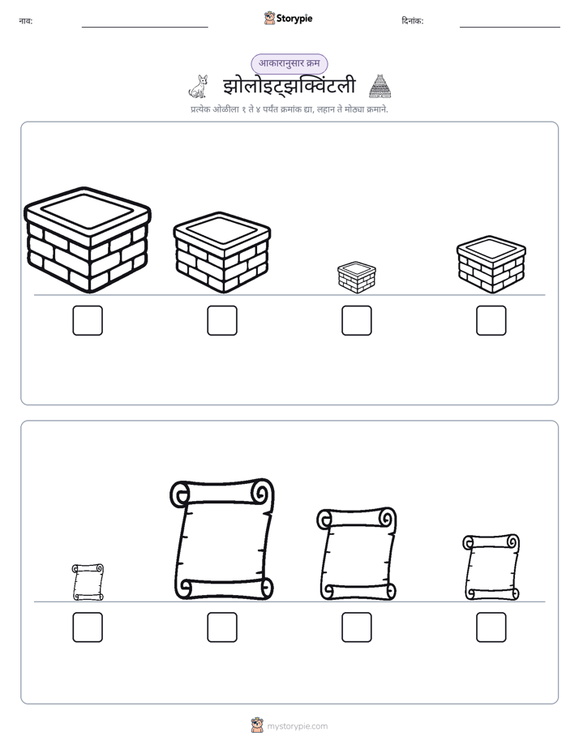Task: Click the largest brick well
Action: tap(88, 240)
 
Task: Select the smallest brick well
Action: tap(356, 277)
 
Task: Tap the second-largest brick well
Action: tap(222, 252)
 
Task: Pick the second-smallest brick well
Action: tap(491, 264)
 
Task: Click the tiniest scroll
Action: tap(88, 582)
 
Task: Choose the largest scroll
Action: tap(222, 539)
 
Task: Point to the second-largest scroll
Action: tap(356, 554)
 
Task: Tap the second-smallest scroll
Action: tap(491, 567)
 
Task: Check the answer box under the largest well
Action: tap(88, 320)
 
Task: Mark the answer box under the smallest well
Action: tap(357, 320)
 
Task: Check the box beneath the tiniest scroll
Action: tap(88, 627)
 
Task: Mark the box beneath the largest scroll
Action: tap(222, 627)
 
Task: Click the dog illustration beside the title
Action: tap(199, 87)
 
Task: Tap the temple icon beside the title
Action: tap(380, 87)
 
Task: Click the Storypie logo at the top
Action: tap(288, 18)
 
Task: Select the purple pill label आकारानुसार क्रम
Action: tap(289, 63)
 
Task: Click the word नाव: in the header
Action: tap(26, 21)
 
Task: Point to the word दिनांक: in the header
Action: tap(413, 21)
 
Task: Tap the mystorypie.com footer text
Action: tap(297, 726)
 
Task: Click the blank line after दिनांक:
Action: tap(510, 28)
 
